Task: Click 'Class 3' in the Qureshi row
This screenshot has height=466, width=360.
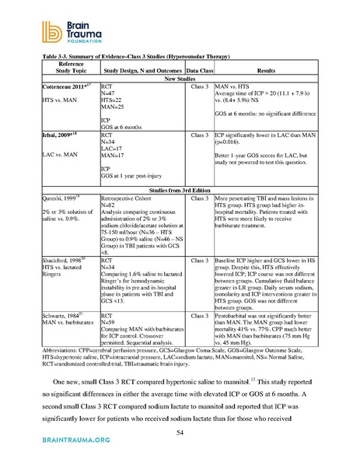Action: pos(201,198)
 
